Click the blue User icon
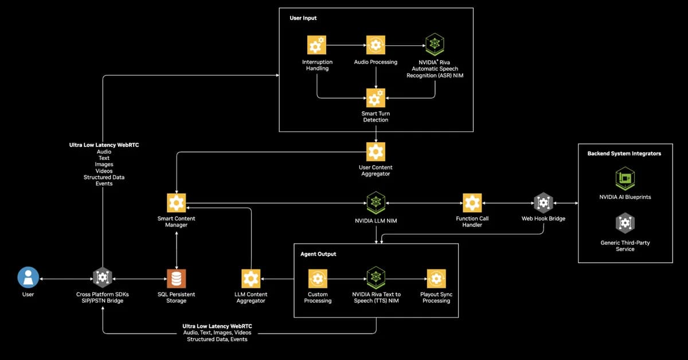coord(28,278)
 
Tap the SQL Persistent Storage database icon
coord(176,279)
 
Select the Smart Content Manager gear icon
coord(176,203)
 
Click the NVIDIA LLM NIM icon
coord(376,202)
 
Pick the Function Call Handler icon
coord(472,202)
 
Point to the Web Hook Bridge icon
coord(543,202)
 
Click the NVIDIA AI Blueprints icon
coord(624,178)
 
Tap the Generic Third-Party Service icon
coord(624,223)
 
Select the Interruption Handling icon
coord(316,45)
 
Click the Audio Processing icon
coord(376,45)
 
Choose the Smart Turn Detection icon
coord(376,98)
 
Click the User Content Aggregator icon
coord(376,151)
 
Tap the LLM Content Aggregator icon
coord(251,279)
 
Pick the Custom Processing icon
coord(317,279)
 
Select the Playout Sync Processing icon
coord(436,279)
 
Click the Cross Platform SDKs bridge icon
coord(103,278)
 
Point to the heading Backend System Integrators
coord(624,154)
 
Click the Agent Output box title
coord(318,253)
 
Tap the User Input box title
coord(303,18)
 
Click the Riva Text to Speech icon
coord(376,278)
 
